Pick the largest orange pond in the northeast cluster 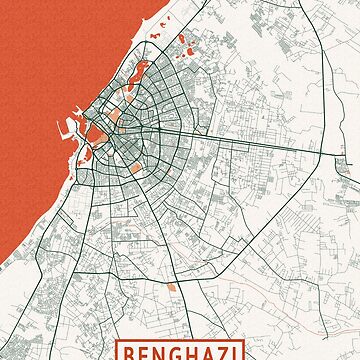pos(186,44)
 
